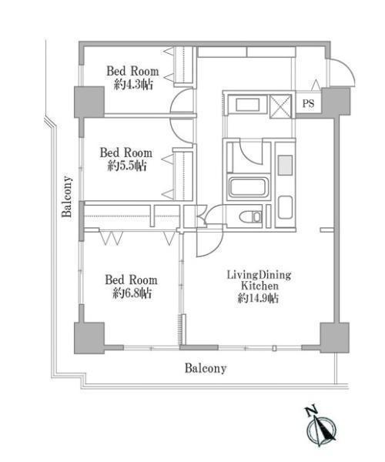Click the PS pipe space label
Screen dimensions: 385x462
pyautogui.click(x=308, y=103)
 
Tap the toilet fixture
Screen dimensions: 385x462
pyautogui.click(x=250, y=217)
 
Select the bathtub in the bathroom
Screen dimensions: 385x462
pyautogui.click(x=249, y=187)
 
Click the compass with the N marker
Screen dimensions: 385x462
pyautogui.click(x=321, y=427)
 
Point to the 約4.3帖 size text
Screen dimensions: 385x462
pyautogui.click(x=133, y=85)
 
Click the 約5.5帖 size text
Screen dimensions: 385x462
pyautogui.click(x=126, y=166)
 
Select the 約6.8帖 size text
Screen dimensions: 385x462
pyautogui.click(x=132, y=293)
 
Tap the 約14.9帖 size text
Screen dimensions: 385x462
pyautogui.click(x=258, y=298)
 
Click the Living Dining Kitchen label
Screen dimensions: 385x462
pyautogui.click(x=259, y=280)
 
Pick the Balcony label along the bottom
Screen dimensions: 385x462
pyautogui.click(x=206, y=368)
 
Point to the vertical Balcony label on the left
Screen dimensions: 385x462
pyautogui.click(x=67, y=196)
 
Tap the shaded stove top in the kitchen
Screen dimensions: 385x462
pyautogui.click(x=286, y=165)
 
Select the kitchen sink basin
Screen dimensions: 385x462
pyautogui.click(x=286, y=207)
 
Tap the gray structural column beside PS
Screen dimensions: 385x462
pyautogui.click(x=336, y=102)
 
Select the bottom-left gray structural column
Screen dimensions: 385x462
pyautogui.click(x=89, y=338)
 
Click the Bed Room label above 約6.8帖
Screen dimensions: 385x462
pyautogui.click(x=131, y=280)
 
